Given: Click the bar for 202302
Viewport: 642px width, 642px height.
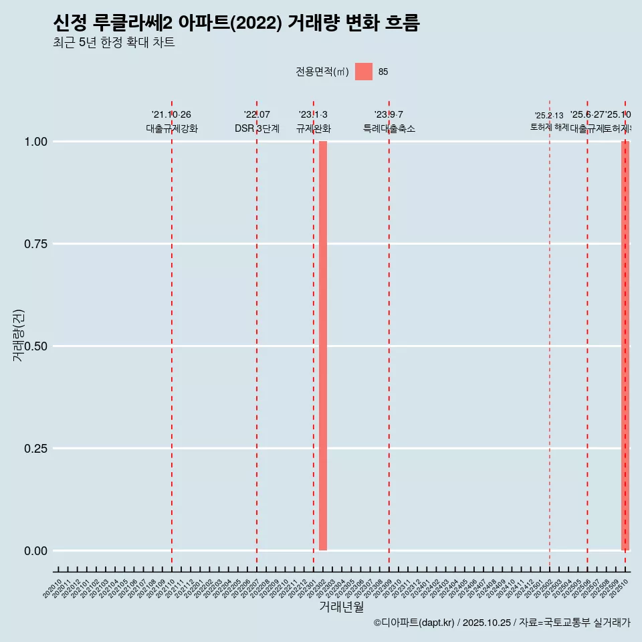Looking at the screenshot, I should click(x=323, y=346).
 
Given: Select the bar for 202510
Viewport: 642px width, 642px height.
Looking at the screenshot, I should click(x=625, y=346).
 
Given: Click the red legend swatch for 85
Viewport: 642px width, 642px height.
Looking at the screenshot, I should click(x=364, y=72).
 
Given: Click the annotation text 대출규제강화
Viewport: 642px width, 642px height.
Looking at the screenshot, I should click(x=172, y=128).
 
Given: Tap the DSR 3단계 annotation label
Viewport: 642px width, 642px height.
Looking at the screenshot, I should click(x=257, y=128).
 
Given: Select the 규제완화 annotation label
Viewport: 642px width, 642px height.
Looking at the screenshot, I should click(x=314, y=128).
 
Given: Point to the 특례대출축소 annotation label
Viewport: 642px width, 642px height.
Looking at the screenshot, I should click(x=389, y=128).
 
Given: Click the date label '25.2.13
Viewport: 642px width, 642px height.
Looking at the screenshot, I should click(x=549, y=116).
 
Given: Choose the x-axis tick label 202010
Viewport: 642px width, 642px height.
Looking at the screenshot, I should click(x=53, y=589).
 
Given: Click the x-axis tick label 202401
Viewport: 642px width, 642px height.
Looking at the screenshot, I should click(x=423, y=589).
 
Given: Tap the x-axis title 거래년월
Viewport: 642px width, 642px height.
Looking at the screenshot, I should click(x=341, y=607).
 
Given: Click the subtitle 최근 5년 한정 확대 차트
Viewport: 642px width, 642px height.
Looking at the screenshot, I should click(x=114, y=43).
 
